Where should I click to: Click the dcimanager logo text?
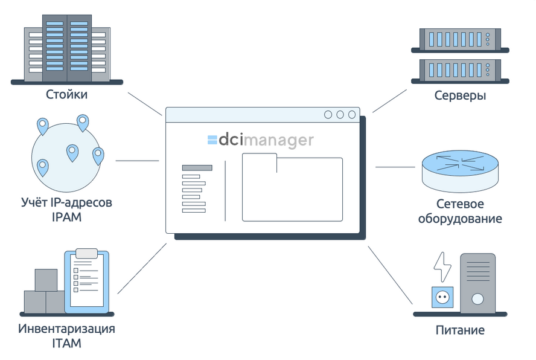260,140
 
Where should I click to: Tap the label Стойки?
66,95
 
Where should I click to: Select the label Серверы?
460,95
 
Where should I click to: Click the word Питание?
460,330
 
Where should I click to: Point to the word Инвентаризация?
66,329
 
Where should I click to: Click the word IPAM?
66,216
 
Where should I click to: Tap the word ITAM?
66,343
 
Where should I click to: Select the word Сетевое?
460,204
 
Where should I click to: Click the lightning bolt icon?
442,266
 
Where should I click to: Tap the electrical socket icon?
442,297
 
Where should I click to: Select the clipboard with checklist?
87,281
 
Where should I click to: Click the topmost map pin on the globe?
83,123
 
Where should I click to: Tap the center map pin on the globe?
72,153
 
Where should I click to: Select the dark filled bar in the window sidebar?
197,168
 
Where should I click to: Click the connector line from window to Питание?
389,275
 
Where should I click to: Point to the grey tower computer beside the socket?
477,281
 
